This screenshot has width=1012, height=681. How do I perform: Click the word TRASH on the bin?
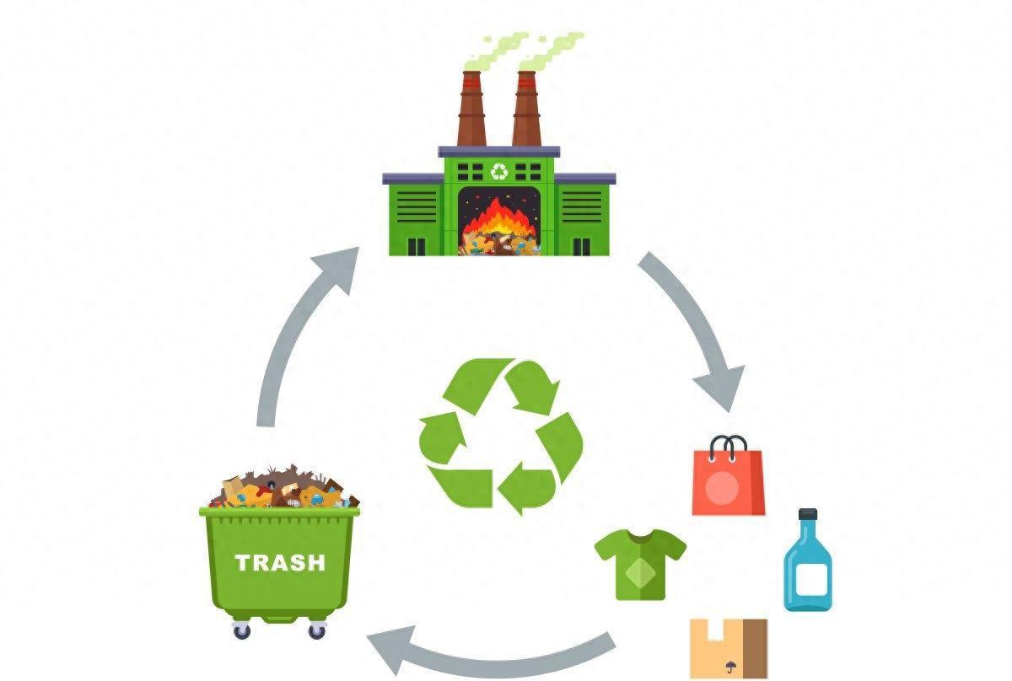(x=280, y=563)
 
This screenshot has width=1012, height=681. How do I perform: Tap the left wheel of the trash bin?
(x=242, y=630)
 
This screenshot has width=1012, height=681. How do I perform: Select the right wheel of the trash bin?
(x=317, y=630)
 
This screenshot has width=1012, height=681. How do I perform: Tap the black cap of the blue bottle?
(x=808, y=515)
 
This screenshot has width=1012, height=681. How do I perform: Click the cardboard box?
(x=729, y=648)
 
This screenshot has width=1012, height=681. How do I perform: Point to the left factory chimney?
(x=471, y=110)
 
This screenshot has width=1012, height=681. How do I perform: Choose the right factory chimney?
(x=526, y=110)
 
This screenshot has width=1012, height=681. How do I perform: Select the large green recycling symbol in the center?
(x=501, y=435)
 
